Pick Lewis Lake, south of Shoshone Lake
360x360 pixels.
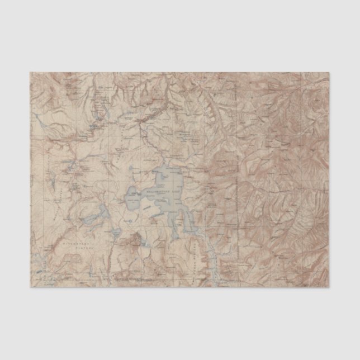[115, 234]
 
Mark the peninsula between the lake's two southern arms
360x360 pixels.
[178, 224]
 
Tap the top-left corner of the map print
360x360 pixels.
[30, 72]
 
